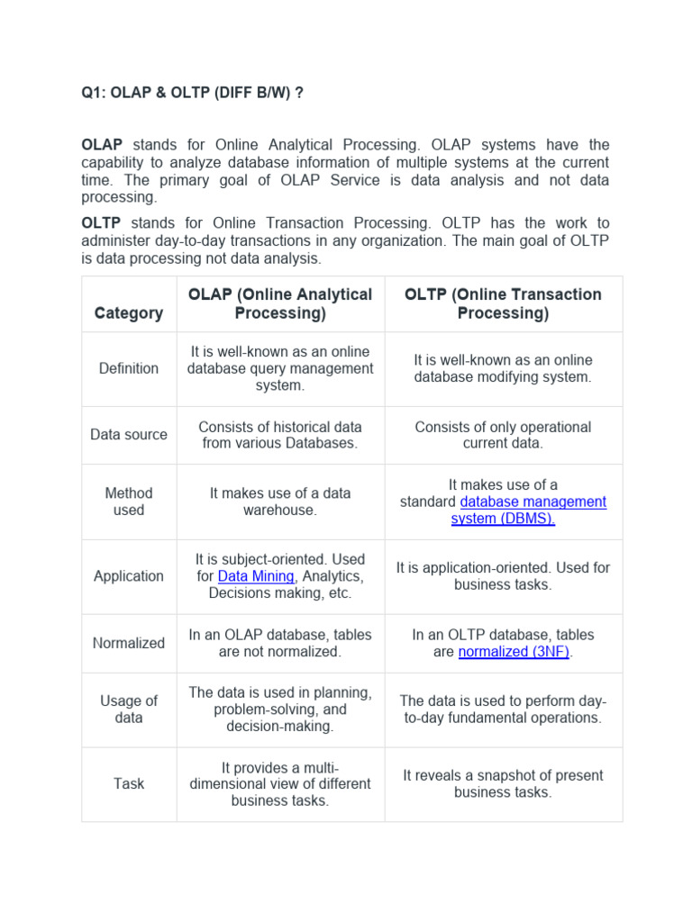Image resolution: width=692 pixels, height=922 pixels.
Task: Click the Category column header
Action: coord(129,312)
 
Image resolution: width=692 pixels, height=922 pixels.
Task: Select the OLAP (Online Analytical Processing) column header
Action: coord(279,303)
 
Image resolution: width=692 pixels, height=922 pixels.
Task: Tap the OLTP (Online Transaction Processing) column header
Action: coord(503,303)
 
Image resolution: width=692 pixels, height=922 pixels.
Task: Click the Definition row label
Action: coord(129,368)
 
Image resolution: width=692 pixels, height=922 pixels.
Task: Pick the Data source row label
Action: coord(129,434)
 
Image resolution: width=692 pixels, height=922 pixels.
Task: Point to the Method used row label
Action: coord(129,502)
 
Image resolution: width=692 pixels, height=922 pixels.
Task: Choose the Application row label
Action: coord(129,576)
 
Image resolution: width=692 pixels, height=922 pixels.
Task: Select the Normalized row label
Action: coord(129,643)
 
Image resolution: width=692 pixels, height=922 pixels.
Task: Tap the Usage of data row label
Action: coord(129,710)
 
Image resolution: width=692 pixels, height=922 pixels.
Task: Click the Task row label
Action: coord(129,783)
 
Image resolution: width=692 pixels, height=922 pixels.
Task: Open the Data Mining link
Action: coord(256,576)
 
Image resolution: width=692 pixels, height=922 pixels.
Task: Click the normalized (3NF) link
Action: coord(514,652)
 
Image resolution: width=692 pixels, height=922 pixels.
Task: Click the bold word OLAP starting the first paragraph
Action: coord(102,145)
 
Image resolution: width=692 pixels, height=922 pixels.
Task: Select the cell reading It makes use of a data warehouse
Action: coord(280,502)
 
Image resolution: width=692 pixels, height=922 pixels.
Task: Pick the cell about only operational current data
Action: coord(503,435)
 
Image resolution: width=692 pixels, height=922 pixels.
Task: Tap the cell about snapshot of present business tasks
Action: coord(503,783)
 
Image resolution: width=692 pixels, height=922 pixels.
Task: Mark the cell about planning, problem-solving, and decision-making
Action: coord(280,710)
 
